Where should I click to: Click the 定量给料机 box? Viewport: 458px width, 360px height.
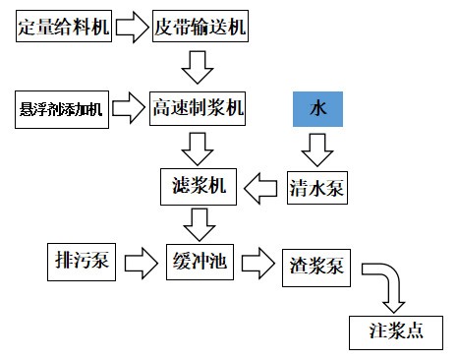(63, 27)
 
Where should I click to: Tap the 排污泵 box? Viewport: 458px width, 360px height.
(83, 262)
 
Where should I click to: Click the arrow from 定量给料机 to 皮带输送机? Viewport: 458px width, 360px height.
(132, 27)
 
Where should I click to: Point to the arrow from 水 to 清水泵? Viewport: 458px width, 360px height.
(316, 148)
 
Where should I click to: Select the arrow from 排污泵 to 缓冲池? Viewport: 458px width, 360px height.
(141, 263)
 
